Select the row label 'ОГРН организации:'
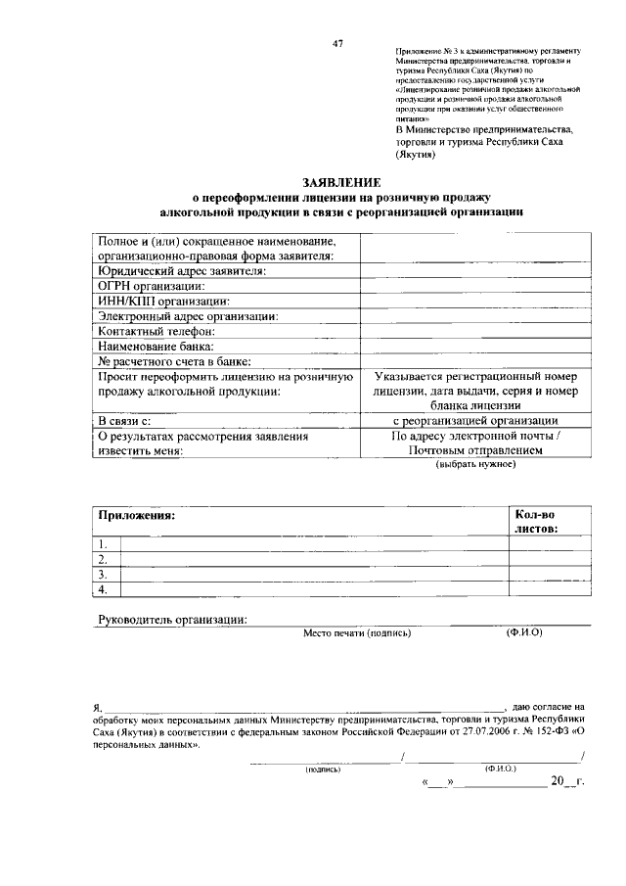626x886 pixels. (x=150, y=285)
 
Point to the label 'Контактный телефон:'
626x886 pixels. (x=156, y=331)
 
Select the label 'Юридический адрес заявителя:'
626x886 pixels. (x=182, y=270)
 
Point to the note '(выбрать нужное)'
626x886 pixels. (x=474, y=465)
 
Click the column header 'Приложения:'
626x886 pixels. (x=136, y=514)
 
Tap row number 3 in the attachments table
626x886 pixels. (x=102, y=575)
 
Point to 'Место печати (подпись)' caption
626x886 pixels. (x=357, y=632)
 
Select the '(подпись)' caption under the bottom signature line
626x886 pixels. (x=322, y=769)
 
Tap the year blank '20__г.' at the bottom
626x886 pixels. (x=566, y=782)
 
